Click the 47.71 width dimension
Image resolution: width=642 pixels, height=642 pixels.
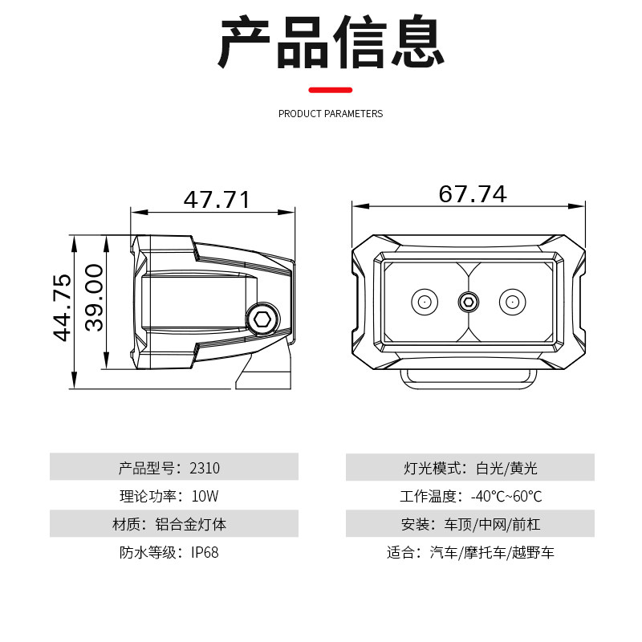pyautogui.click(x=217, y=200)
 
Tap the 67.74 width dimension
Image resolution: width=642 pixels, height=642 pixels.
pyautogui.click(x=473, y=194)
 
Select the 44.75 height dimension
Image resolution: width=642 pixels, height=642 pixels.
pyautogui.click(x=63, y=307)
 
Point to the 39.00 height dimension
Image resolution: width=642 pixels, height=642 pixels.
pyautogui.click(x=94, y=297)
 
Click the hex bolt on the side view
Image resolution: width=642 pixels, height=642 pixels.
pyautogui.click(x=262, y=319)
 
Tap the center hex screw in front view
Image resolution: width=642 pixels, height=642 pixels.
pyautogui.click(x=469, y=303)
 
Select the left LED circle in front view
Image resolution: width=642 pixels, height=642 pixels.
pyautogui.click(x=425, y=303)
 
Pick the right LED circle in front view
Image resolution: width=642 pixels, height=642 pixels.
pyautogui.click(x=513, y=303)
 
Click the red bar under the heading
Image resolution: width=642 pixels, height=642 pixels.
pyautogui.click(x=331, y=90)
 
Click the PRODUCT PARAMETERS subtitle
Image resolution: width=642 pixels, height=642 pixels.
pyautogui.click(x=331, y=114)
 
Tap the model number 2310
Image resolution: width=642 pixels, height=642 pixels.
pyautogui.click(x=205, y=468)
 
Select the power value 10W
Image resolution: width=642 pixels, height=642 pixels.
pyautogui.click(x=205, y=496)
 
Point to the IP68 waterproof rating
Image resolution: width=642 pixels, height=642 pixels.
pyautogui.click(x=205, y=552)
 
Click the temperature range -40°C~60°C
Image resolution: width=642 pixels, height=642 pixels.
pyautogui.click(x=506, y=496)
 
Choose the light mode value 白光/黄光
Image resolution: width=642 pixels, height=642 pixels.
pyautogui.click(x=507, y=468)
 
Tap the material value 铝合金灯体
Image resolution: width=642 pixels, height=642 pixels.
pyautogui.click(x=191, y=525)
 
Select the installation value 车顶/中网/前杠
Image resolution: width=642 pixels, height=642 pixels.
pyautogui.click(x=492, y=525)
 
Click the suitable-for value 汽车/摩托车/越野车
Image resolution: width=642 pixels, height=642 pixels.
pyautogui.click(x=492, y=552)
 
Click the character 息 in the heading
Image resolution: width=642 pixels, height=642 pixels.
pyautogui.click(x=418, y=41)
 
